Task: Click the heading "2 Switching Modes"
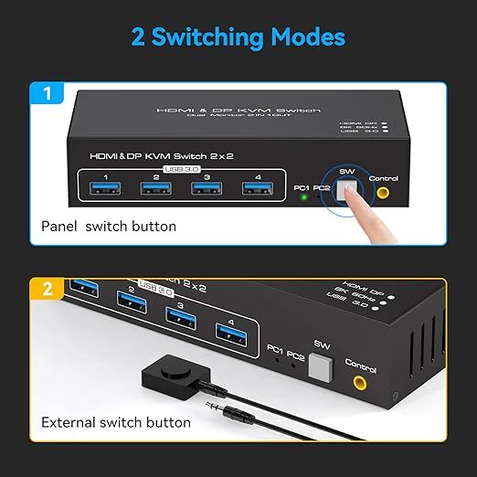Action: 238,37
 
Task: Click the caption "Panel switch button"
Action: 109,226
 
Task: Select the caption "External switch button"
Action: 116,422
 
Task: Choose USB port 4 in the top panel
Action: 253,189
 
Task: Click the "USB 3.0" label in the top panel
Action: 179,169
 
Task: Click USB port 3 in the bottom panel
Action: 179,317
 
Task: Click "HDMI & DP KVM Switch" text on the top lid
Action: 238,110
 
